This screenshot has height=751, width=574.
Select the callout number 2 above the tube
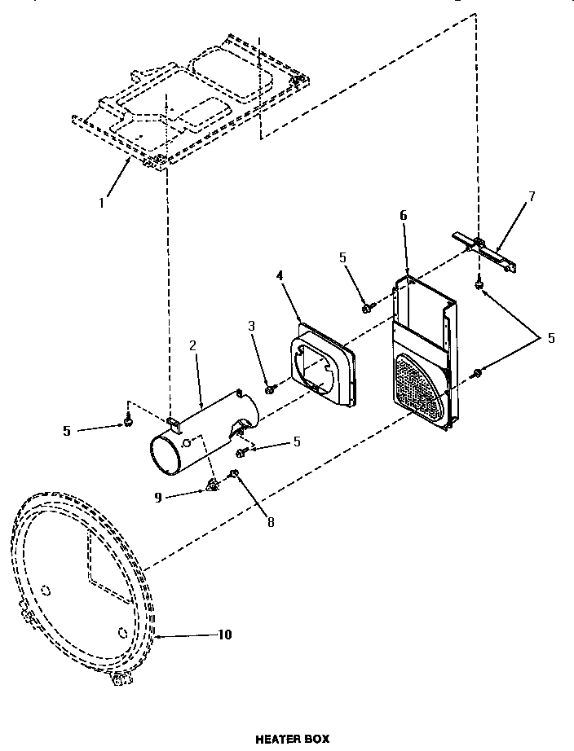pos(192,345)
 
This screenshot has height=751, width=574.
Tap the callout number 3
pos(252,326)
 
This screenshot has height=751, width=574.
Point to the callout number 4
pos(280,276)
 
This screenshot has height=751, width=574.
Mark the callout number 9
pos(158,496)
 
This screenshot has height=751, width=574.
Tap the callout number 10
pos(224,635)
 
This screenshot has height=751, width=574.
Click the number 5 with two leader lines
pos(551,337)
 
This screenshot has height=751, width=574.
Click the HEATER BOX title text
pos(293,739)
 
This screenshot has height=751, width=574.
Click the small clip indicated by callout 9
pos(214,485)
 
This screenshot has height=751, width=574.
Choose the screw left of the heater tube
pos(128,420)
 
